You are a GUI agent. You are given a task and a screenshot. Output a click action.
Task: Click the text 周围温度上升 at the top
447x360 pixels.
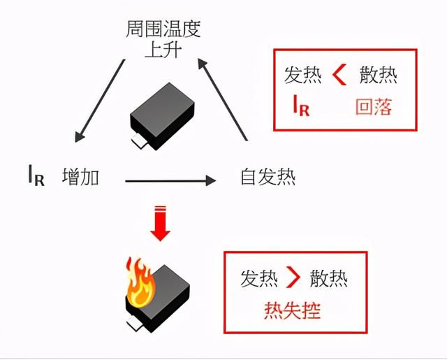pyautogui.click(x=163, y=39)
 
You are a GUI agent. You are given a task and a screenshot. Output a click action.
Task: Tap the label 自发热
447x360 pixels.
pyautogui.click(x=268, y=177)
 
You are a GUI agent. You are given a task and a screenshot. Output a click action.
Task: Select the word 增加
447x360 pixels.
pyautogui.click(x=81, y=177)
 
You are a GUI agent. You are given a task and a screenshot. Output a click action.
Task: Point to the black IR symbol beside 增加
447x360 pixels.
pyautogui.click(x=36, y=175)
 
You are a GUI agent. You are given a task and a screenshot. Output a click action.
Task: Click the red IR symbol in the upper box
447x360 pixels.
pyautogui.click(x=301, y=106)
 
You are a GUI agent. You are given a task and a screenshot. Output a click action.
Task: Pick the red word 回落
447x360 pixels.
pyautogui.click(x=374, y=107)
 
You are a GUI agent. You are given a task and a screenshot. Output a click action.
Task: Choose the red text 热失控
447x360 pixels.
pyautogui.click(x=293, y=310)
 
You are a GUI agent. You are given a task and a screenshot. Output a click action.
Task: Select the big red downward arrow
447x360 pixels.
pyautogui.click(x=160, y=223)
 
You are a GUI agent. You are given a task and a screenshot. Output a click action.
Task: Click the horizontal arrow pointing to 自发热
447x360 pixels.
pyautogui.click(x=170, y=181)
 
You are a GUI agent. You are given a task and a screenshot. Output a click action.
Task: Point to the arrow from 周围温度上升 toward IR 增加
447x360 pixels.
pyautogui.click(x=99, y=101)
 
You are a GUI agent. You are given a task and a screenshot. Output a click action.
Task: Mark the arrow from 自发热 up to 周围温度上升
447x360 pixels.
pyautogui.click(x=222, y=99)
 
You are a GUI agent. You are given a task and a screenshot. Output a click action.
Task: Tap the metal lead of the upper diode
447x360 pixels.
pyautogui.click(x=140, y=141)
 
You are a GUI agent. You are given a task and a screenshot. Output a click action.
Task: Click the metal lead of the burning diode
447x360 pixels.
pyautogui.click(x=135, y=324)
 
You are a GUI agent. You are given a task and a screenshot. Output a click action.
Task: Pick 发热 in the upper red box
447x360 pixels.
pyautogui.click(x=303, y=75)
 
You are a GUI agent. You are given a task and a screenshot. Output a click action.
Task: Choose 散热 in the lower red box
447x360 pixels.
pyautogui.click(x=329, y=278)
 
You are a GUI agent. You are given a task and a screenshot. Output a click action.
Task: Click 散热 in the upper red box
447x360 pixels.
pyautogui.click(x=379, y=75)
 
